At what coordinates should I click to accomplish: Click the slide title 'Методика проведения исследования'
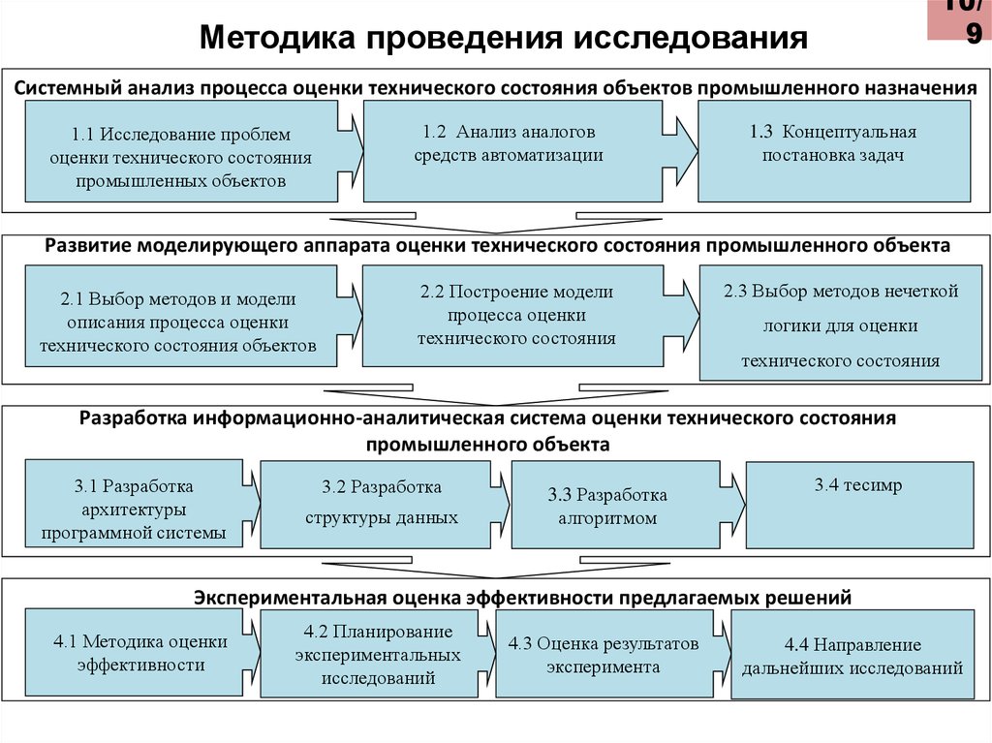504,38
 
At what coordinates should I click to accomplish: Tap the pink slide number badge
959,19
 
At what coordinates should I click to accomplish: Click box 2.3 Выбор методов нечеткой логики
839,325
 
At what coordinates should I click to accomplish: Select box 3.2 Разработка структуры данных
382,502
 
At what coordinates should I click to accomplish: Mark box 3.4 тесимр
857,502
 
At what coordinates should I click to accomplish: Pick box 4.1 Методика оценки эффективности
141,653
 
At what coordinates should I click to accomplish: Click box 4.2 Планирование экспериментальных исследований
378,655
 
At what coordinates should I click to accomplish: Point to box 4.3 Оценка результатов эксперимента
603,655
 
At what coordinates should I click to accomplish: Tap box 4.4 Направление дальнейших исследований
852,656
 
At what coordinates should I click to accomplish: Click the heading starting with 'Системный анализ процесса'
495,88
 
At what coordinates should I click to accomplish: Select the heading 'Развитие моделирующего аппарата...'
497,247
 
